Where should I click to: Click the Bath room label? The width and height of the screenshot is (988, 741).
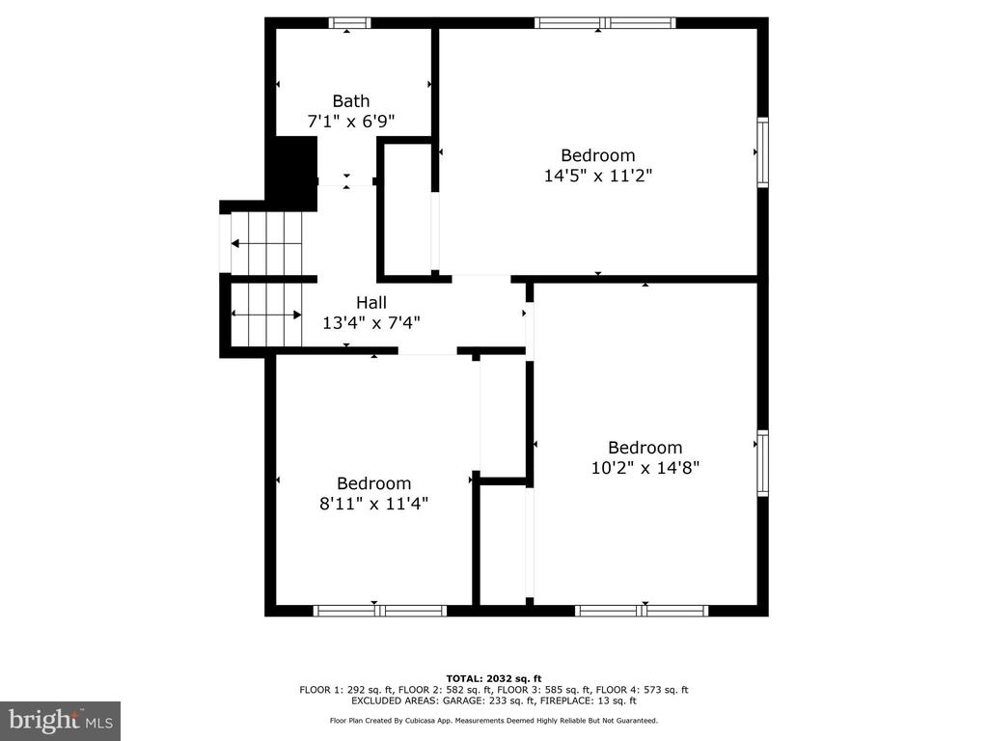351,100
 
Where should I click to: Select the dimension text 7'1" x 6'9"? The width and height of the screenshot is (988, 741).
351,121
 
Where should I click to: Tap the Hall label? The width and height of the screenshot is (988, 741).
371,302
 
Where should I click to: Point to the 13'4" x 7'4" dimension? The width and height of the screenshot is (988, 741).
371,323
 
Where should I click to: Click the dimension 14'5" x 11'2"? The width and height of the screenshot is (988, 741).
598,176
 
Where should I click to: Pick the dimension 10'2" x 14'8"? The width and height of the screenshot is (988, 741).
645,468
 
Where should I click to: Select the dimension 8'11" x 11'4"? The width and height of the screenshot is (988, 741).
373,504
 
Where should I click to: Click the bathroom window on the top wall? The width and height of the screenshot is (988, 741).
349,23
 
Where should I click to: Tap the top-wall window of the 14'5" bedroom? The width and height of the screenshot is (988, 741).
606,23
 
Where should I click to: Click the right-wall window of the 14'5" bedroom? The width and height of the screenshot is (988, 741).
763,151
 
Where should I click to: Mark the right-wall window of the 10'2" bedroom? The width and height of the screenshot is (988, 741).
763,463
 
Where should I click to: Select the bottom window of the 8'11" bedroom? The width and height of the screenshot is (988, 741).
380,611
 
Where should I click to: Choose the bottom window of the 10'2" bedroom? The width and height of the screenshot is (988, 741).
642,611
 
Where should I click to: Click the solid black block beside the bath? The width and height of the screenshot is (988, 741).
291,173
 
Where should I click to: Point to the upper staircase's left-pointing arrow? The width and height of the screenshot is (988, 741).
266,244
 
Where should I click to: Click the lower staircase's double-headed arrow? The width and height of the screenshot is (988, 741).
266,315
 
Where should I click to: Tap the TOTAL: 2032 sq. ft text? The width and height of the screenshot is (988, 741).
494,678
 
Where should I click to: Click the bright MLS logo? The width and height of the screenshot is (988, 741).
61,721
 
